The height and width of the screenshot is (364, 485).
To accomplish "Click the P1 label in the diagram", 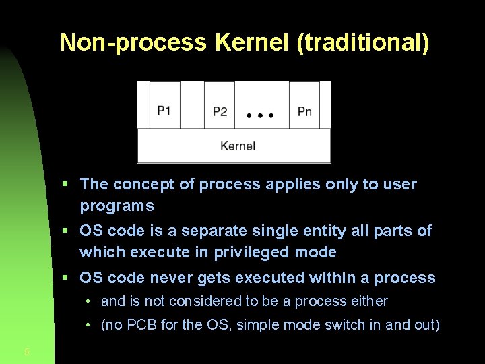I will click(164, 111).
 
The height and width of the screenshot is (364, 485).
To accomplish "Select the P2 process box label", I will click(220, 111).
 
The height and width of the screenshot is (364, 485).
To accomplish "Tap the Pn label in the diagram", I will click(304, 111).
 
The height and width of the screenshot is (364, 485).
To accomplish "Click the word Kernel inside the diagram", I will click(237, 146).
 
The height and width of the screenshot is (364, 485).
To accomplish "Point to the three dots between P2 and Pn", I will click(261, 115).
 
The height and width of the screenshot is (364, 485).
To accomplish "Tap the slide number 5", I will click(26, 351).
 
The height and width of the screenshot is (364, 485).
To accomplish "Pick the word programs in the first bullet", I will click(117, 206).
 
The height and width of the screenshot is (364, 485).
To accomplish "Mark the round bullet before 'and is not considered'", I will click(89, 302).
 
